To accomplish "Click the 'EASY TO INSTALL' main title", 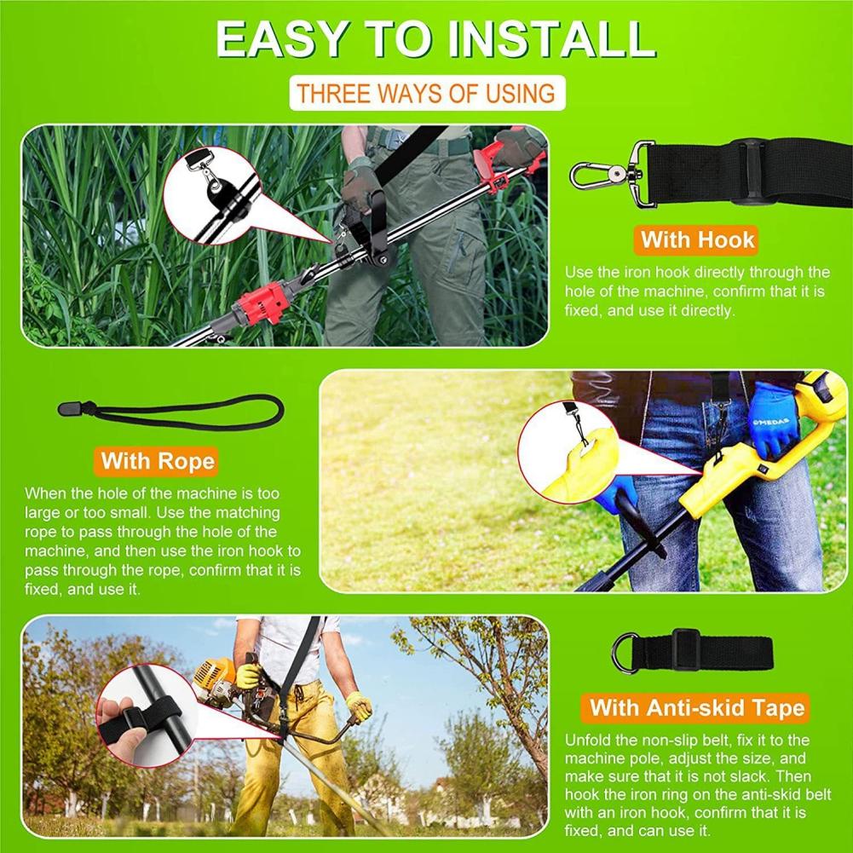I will (x=435, y=39).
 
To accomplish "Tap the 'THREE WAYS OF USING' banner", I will (x=426, y=93).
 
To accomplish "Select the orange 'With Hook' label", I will (x=697, y=239).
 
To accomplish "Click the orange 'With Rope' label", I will (x=158, y=462).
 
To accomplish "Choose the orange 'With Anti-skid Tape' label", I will (x=696, y=707).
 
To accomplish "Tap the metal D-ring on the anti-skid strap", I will (x=625, y=654).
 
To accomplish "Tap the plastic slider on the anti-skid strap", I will (x=685, y=651).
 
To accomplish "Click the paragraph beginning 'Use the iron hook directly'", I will (x=697, y=291).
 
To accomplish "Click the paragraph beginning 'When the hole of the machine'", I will (x=162, y=541).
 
